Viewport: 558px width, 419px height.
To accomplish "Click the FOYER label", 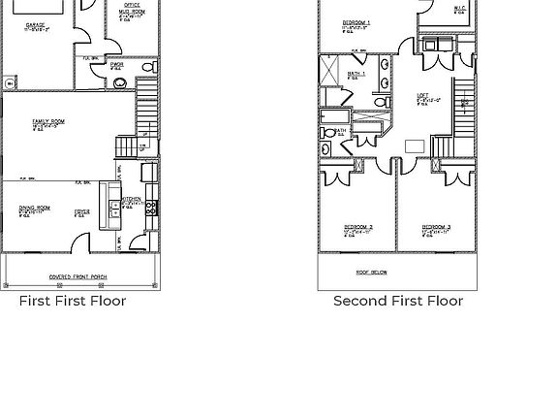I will pos(82,209).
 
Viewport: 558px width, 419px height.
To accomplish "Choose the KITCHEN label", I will pos(132,199).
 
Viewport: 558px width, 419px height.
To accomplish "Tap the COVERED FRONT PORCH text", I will pos(79,276).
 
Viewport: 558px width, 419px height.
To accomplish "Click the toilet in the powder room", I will pos(149,67).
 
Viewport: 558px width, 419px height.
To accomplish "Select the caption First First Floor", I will pos(73,301).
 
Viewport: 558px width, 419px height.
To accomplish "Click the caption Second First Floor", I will pos(398,301).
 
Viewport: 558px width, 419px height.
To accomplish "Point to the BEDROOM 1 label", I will pos(357,22).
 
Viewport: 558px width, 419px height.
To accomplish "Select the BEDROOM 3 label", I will pos(436,228).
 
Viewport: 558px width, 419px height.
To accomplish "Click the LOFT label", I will pos(422,95).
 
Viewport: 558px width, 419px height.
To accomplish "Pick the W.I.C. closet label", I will pos(459,9).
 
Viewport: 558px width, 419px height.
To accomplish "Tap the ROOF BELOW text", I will pos(372,273).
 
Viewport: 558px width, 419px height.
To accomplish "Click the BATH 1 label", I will pos(356,73).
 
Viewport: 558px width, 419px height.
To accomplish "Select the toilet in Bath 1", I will pos(383,102).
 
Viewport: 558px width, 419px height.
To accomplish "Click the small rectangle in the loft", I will pos(415,146).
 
